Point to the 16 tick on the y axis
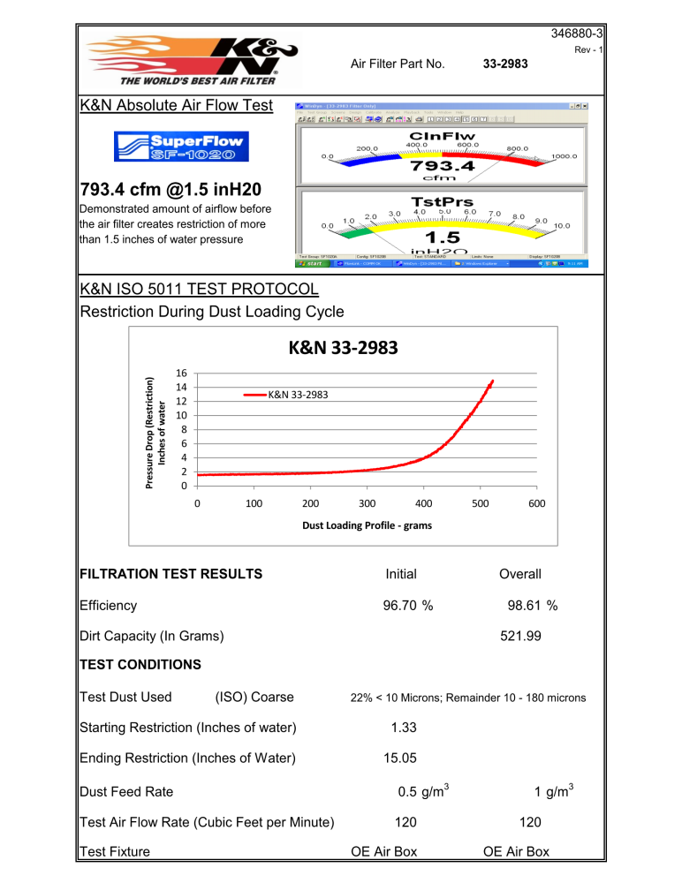[x=180, y=373]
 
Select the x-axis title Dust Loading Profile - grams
[x=367, y=525]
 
